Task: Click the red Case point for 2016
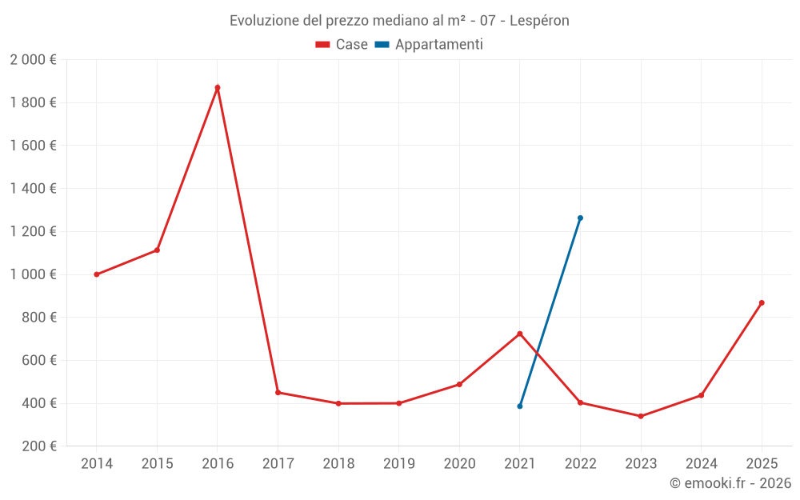(218, 88)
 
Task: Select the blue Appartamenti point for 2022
(580, 218)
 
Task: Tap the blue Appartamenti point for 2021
(520, 406)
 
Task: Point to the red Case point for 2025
(762, 302)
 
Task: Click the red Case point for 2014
(97, 274)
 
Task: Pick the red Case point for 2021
(520, 334)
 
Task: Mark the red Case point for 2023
(641, 416)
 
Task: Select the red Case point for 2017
(278, 393)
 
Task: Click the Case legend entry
(342, 45)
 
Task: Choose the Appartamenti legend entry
(429, 45)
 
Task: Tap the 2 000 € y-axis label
(33, 60)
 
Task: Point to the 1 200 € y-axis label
(33, 231)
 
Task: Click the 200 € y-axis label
(38, 446)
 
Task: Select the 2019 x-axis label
(398, 464)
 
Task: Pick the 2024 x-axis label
(701, 464)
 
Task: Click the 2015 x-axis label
(157, 464)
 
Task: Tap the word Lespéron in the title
(540, 21)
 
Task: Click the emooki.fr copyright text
(730, 483)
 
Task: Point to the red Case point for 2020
(459, 384)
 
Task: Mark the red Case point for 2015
(157, 250)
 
